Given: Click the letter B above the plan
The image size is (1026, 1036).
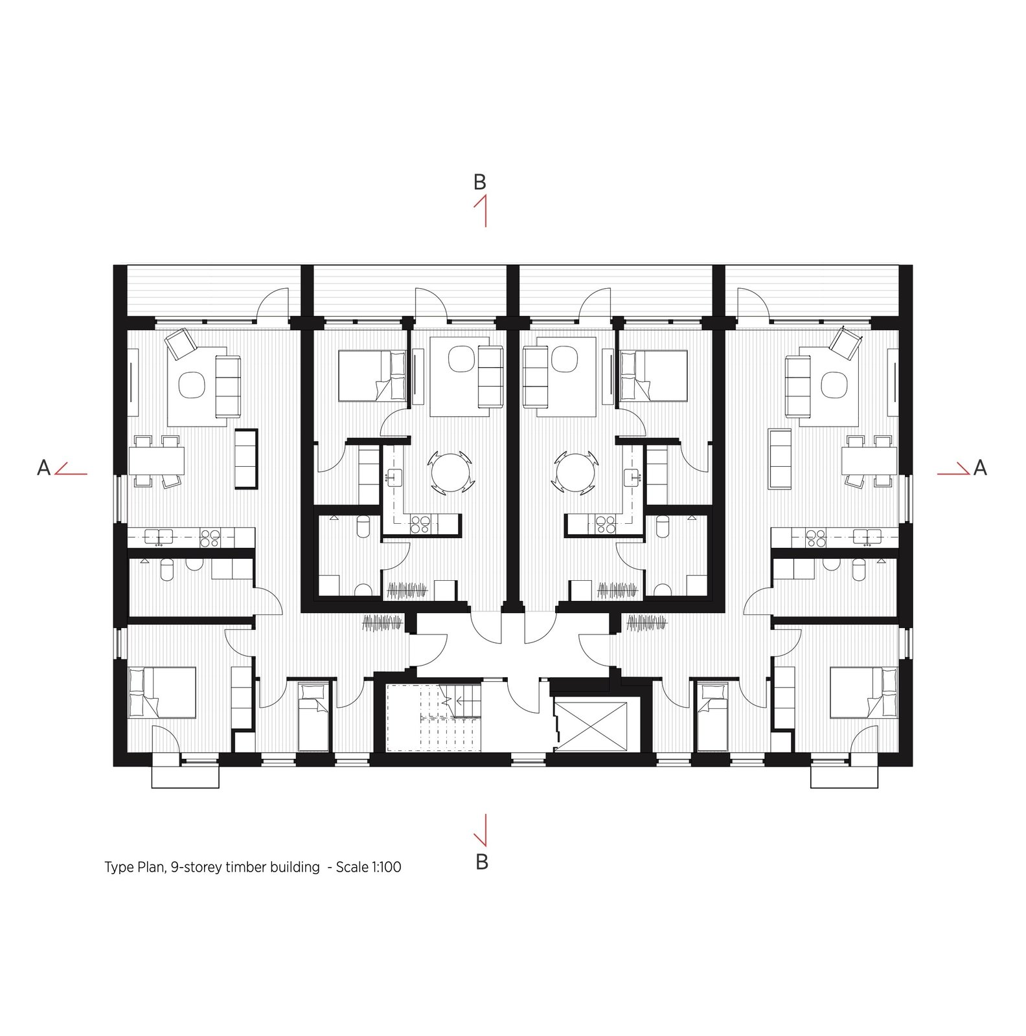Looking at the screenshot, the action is [x=479, y=182].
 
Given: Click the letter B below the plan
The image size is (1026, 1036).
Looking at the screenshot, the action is [x=481, y=862].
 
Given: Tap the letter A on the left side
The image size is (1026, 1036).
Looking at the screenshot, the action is [x=43, y=467].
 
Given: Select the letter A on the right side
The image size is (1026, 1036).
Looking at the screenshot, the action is [x=980, y=467].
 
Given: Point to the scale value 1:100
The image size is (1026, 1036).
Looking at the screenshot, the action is [x=386, y=867].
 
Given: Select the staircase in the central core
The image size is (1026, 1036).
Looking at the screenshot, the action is [x=434, y=717].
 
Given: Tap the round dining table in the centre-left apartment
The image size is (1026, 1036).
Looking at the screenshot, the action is [x=451, y=473].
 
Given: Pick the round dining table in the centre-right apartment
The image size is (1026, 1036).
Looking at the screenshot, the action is [x=575, y=473].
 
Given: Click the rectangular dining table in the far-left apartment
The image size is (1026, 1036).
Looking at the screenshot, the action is [x=157, y=461].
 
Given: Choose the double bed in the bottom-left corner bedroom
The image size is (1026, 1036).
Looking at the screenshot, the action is [x=163, y=692].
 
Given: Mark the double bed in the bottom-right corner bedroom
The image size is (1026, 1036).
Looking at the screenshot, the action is [x=864, y=692].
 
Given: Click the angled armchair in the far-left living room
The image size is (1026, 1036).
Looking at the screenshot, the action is [x=181, y=343].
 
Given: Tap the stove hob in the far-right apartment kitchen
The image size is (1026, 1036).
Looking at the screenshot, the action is [x=815, y=537].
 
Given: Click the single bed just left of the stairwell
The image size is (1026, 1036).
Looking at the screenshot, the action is [x=313, y=716].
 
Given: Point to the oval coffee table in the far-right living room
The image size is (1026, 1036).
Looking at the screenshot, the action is [x=834, y=386].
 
